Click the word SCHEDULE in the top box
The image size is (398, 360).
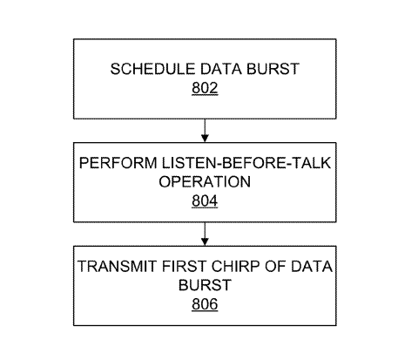tap(152, 69)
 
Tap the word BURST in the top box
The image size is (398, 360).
tap(273, 69)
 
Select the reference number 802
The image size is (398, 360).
tap(205, 88)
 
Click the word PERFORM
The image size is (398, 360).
tap(118, 163)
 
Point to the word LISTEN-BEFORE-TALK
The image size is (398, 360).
tap(246, 163)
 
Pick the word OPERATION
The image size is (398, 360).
tap(205, 181)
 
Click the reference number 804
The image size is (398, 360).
tap(205, 200)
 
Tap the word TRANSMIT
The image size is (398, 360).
tap(117, 266)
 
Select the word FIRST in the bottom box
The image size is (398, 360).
tap(184, 266)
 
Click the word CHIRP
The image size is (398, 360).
tap(235, 266)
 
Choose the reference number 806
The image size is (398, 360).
tap(205, 304)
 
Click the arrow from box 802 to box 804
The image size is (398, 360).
tap(205, 131)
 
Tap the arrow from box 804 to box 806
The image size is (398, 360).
tap(205, 234)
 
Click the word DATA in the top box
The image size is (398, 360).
tap(221, 69)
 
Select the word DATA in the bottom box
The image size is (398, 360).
tap(312, 266)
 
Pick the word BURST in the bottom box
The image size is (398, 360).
tap(205, 285)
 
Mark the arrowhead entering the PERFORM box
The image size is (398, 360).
tap(205, 139)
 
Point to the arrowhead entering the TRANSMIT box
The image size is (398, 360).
tap(205, 241)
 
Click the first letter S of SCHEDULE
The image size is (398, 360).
tap(115, 69)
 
